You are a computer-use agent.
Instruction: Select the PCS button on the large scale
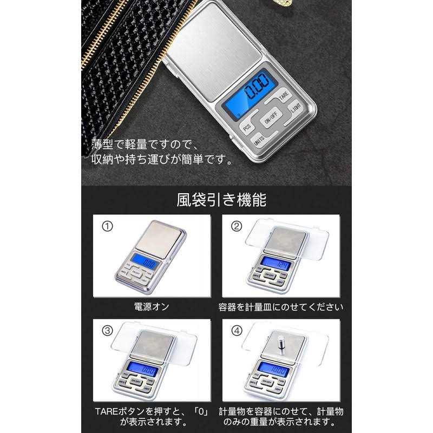247,128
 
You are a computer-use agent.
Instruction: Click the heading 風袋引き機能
221,200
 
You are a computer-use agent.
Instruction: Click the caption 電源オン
152,307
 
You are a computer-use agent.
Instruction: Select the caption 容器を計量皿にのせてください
280,307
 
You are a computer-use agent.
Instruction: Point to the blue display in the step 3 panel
143,371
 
